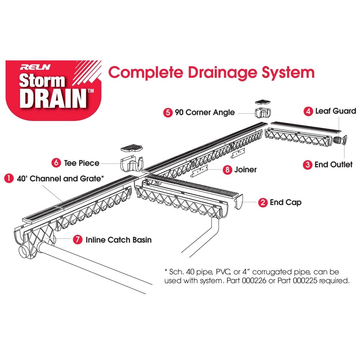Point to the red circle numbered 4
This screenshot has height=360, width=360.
click(x=308, y=111)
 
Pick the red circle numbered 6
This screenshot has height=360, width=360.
click(x=57, y=163)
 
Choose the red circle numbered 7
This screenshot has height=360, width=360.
click(x=77, y=239)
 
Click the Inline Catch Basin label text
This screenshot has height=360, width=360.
click(x=118, y=239)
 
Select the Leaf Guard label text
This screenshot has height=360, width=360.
click(x=336, y=111)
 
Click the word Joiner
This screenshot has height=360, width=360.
click(x=246, y=170)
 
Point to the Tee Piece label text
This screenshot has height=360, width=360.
click(x=82, y=163)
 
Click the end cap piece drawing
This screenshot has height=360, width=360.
click(x=238, y=204)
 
